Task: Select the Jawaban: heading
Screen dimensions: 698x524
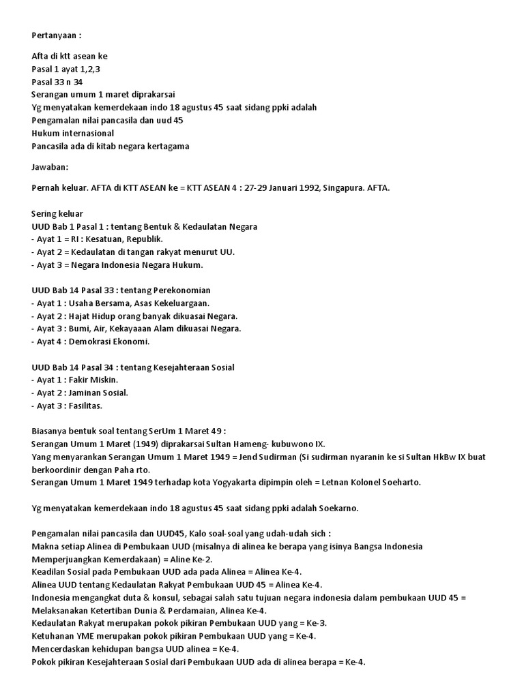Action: coord(50,166)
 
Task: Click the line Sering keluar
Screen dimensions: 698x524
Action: coord(57,213)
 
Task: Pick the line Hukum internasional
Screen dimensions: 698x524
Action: coord(73,133)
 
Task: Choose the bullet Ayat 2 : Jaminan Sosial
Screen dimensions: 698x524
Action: coord(80,393)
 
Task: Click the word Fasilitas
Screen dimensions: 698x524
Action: coord(84,406)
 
